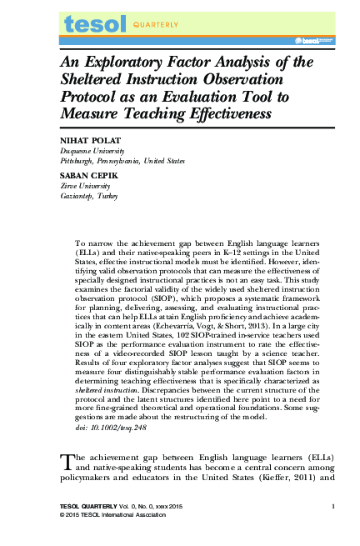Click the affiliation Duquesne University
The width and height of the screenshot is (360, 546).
[x=92, y=151]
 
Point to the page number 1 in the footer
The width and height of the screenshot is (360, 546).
[x=332, y=507]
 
